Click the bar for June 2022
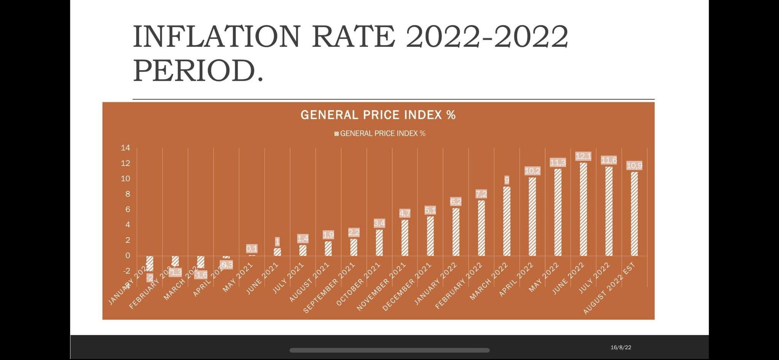[x=583, y=209]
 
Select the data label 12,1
[x=583, y=156]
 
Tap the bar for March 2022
[x=507, y=221]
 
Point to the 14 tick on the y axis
[x=126, y=148]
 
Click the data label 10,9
[x=634, y=166]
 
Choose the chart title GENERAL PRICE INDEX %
[x=378, y=115]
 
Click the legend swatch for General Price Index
[x=337, y=134]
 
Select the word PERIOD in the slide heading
[x=194, y=71]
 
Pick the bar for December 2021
[x=430, y=236]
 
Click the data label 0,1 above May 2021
[x=252, y=248]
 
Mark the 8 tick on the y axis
[x=128, y=194]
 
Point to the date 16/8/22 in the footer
[x=621, y=347]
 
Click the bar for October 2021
[x=379, y=242]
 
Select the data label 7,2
[x=481, y=194]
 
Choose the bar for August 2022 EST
[x=634, y=213]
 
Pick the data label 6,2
[x=456, y=202]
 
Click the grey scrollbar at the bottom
[x=389, y=350]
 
